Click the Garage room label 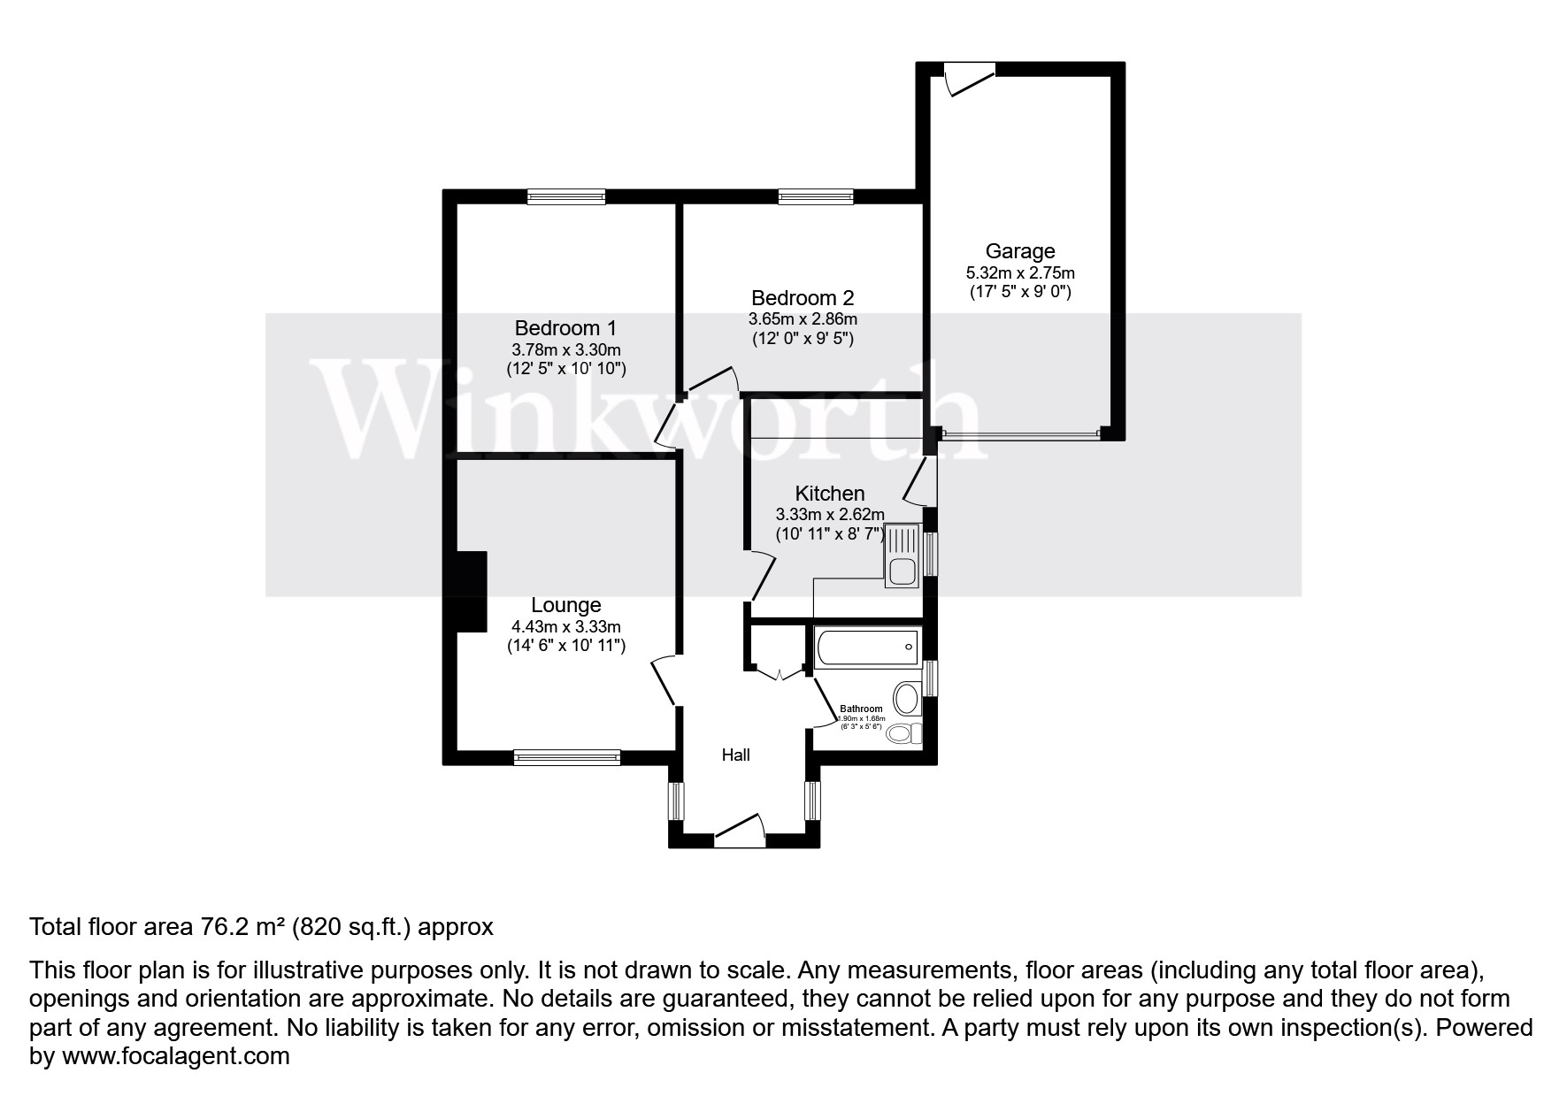[1020, 251]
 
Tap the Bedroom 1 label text [565, 327]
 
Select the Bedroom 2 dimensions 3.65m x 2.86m [803, 318]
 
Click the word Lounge [565, 605]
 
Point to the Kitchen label [829, 494]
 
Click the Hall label [735, 755]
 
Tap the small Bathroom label [861, 709]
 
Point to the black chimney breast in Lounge [471, 591]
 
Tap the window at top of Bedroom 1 [566, 196]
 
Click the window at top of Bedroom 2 [816, 196]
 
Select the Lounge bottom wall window [566, 756]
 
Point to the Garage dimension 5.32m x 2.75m [1020, 273]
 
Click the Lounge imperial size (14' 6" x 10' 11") [565, 646]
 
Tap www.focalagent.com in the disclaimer [173, 1056]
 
